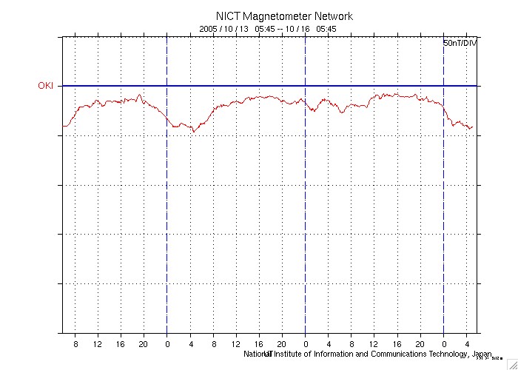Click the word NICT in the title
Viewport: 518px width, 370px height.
[227, 16]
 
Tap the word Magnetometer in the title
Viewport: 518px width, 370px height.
[272, 16]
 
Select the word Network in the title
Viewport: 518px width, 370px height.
[329, 16]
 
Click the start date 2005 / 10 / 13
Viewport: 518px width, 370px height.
[224, 29]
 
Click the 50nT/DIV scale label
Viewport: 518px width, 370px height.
[460, 44]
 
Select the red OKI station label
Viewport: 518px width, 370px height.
[47, 86]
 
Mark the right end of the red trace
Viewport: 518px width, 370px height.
[471, 127]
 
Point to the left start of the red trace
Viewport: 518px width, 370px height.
[63, 127]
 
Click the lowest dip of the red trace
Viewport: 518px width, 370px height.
[194, 132]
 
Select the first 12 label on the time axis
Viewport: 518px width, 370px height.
[97, 344]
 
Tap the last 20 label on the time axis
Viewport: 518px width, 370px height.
[420, 344]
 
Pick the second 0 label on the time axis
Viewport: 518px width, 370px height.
[306, 344]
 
